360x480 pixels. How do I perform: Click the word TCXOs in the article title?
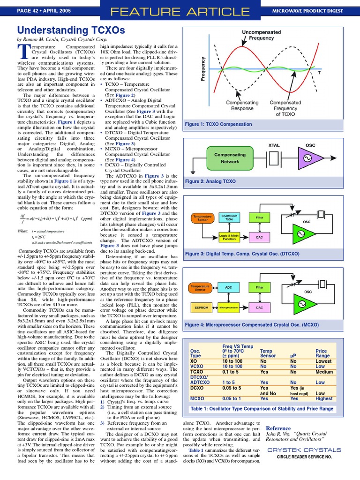pyautogui.click(x=106, y=30)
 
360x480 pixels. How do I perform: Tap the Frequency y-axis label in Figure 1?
pyautogui.click(x=203, y=68)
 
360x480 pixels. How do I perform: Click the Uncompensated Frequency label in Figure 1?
pyautogui.click(x=261, y=35)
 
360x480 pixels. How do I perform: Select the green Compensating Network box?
pyautogui.click(x=230, y=157)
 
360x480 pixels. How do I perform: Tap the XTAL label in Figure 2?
pyautogui.click(x=274, y=145)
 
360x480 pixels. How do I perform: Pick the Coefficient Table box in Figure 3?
pyautogui.click(x=229, y=217)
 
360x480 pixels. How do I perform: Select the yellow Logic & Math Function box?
pyautogui.click(x=229, y=238)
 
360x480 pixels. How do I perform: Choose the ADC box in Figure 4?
pyautogui.click(x=229, y=287)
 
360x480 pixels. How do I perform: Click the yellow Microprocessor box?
pyautogui.click(x=229, y=308)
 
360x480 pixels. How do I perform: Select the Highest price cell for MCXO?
pyautogui.click(x=324, y=398)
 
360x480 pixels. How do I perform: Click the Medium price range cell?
pyautogui.click(x=324, y=372)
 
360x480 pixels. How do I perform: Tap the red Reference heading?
pyautogui.click(x=278, y=428)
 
